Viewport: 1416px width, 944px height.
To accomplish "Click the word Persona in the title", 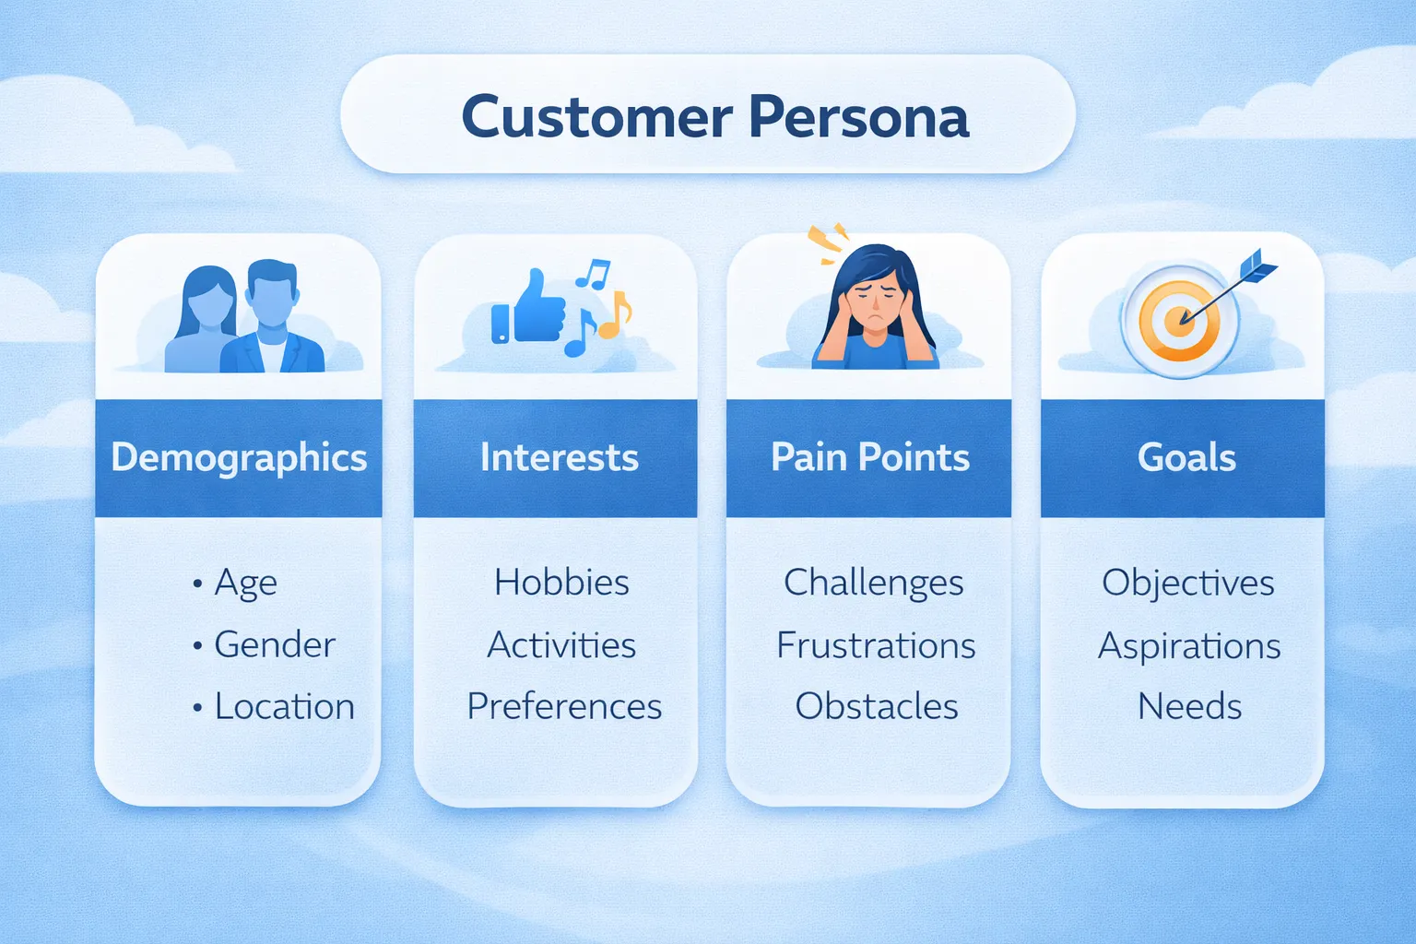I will point(858,117).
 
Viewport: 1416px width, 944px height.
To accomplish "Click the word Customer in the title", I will point(596,117).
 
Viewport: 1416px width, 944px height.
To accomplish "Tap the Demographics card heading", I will point(239,457).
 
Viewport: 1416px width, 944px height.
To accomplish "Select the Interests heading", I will point(559,457).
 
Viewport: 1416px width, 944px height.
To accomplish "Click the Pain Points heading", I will point(869,457).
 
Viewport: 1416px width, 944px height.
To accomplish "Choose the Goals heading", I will point(1186,457).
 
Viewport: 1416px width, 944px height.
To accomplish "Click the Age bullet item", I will point(245,583).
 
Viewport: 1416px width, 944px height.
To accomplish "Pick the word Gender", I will point(274,644).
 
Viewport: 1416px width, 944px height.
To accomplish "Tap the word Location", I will point(284,706).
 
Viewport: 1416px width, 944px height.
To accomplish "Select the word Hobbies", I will point(561,583).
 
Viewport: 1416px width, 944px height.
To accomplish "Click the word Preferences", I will point(564,706).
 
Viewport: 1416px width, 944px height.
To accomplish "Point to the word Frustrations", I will point(876,645).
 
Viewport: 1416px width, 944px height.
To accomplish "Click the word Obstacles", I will point(876,706).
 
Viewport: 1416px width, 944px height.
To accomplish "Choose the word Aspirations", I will point(1189,646).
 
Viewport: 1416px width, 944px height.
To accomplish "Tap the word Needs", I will point(1189,706).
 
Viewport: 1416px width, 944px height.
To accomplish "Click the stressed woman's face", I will point(875,301).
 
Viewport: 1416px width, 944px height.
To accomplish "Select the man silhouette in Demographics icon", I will point(273,323).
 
